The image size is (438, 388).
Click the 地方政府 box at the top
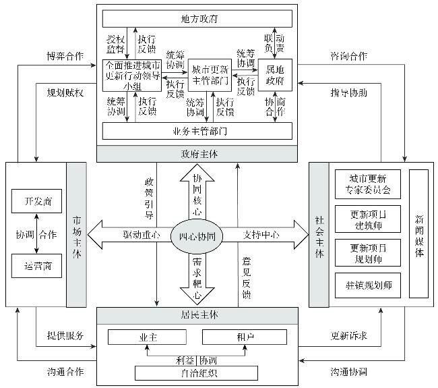click(197, 18)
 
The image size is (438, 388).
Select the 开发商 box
click(36, 202)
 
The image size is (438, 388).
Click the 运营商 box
click(36, 265)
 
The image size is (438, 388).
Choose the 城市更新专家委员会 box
click(368, 183)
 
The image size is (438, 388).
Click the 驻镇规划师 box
click(368, 285)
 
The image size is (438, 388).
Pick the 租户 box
click(241, 337)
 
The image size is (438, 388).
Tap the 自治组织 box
click(197, 372)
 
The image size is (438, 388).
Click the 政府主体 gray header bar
click(197, 155)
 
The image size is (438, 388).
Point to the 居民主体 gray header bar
click(197, 314)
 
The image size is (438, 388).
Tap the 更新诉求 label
click(348, 335)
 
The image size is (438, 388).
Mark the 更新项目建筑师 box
click(368, 218)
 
